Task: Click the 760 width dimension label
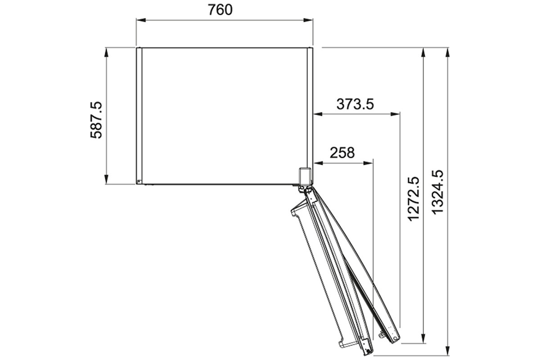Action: tap(220, 10)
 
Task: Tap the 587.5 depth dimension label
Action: tap(96, 120)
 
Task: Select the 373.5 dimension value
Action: tap(355, 104)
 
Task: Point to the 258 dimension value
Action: tap(342, 153)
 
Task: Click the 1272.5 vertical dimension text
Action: tap(414, 199)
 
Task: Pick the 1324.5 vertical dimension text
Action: tap(437, 192)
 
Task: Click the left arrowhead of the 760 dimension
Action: tap(141, 20)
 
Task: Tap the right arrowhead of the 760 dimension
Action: tap(308, 20)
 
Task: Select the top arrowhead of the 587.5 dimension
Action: tap(106, 52)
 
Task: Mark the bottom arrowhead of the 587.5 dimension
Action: tap(106, 180)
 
